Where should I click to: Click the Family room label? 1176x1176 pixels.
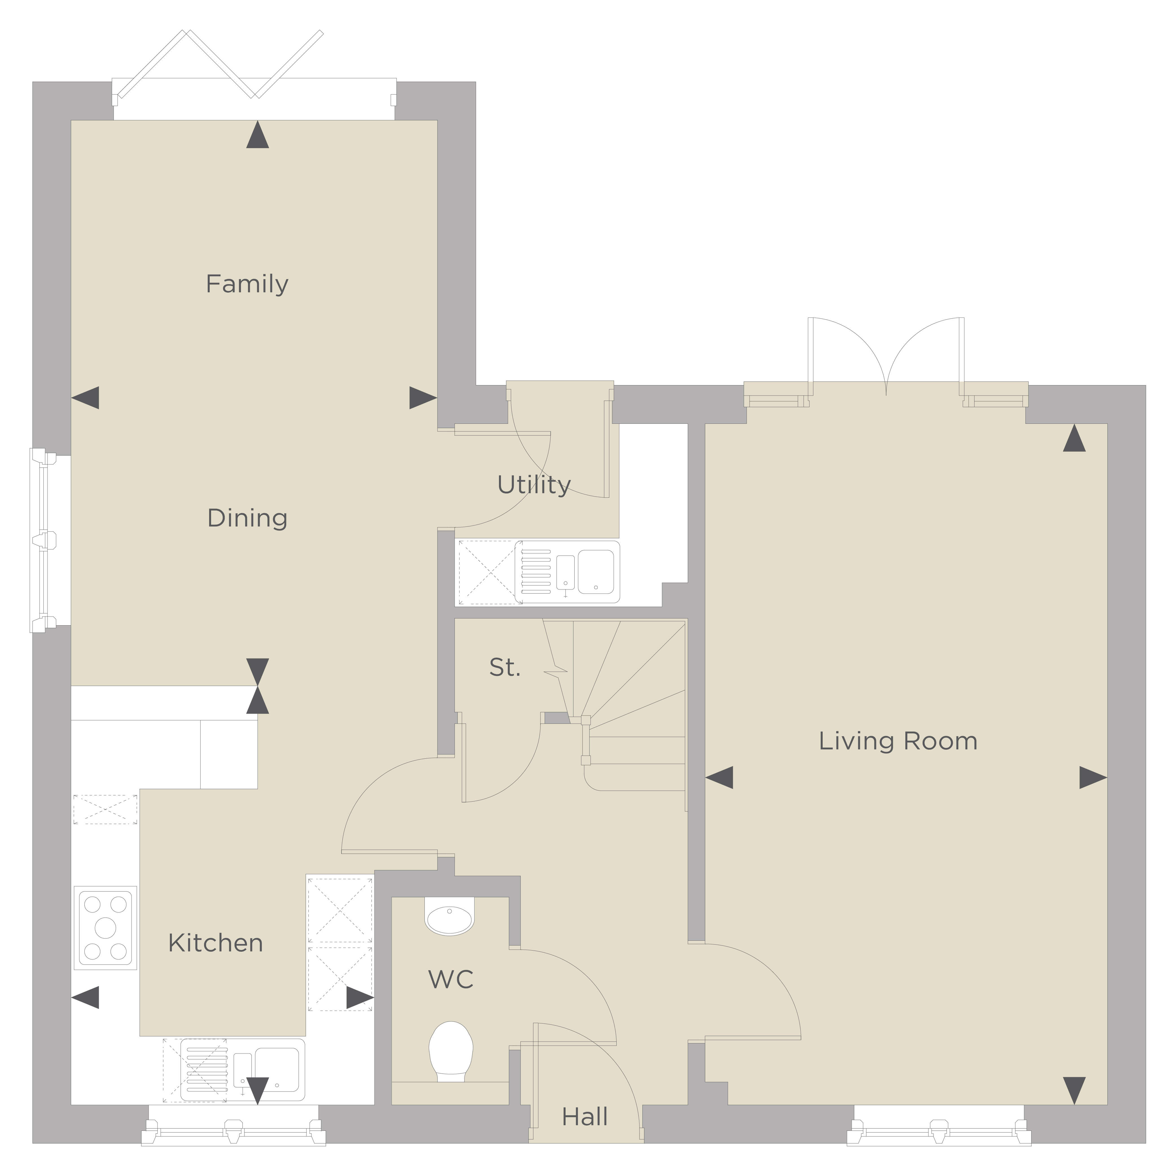(247, 284)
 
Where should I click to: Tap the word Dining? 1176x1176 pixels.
(247, 518)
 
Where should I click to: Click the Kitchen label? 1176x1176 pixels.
(216, 943)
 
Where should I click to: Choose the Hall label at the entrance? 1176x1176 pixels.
(585, 1117)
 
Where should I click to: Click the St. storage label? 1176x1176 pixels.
(505, 668)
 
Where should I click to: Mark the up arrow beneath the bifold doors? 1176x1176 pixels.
(257, 135)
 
